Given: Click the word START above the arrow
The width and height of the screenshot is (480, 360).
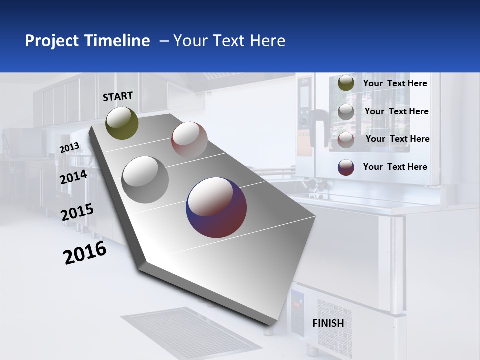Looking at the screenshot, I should click(118, 96).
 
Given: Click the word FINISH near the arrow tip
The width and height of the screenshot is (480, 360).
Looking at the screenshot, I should click(328, 323).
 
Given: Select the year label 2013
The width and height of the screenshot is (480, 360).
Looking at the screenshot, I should click(70, 147).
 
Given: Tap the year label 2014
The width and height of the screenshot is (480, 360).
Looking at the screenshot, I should click(74, 177).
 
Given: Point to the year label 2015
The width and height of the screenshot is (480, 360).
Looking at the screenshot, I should click(77, 212).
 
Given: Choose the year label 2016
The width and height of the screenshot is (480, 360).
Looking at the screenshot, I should click(85, 253).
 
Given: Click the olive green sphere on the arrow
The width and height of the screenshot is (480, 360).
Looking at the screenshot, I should click(122, 123).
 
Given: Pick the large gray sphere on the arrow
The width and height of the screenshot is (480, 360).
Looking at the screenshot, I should click(145, 179).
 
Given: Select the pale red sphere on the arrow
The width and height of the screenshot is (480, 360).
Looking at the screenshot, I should click(189, 139).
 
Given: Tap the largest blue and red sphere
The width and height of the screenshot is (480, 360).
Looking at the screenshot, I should click(216, 207).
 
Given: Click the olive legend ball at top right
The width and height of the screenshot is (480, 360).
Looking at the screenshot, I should click(346, 83).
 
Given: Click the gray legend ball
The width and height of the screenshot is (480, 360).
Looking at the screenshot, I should click(346, 111).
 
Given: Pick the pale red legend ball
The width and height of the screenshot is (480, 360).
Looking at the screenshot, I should click(346, 139).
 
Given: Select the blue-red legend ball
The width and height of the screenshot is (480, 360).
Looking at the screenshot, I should click(346, 167).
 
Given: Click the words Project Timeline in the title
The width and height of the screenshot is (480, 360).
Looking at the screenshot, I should click(87, 41).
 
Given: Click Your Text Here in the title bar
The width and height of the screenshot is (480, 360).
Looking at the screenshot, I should click(229, 41).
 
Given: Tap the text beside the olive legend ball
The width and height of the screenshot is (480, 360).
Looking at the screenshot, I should click(395, 83).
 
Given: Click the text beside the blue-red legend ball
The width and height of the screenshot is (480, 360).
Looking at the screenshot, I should click(395, 167).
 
